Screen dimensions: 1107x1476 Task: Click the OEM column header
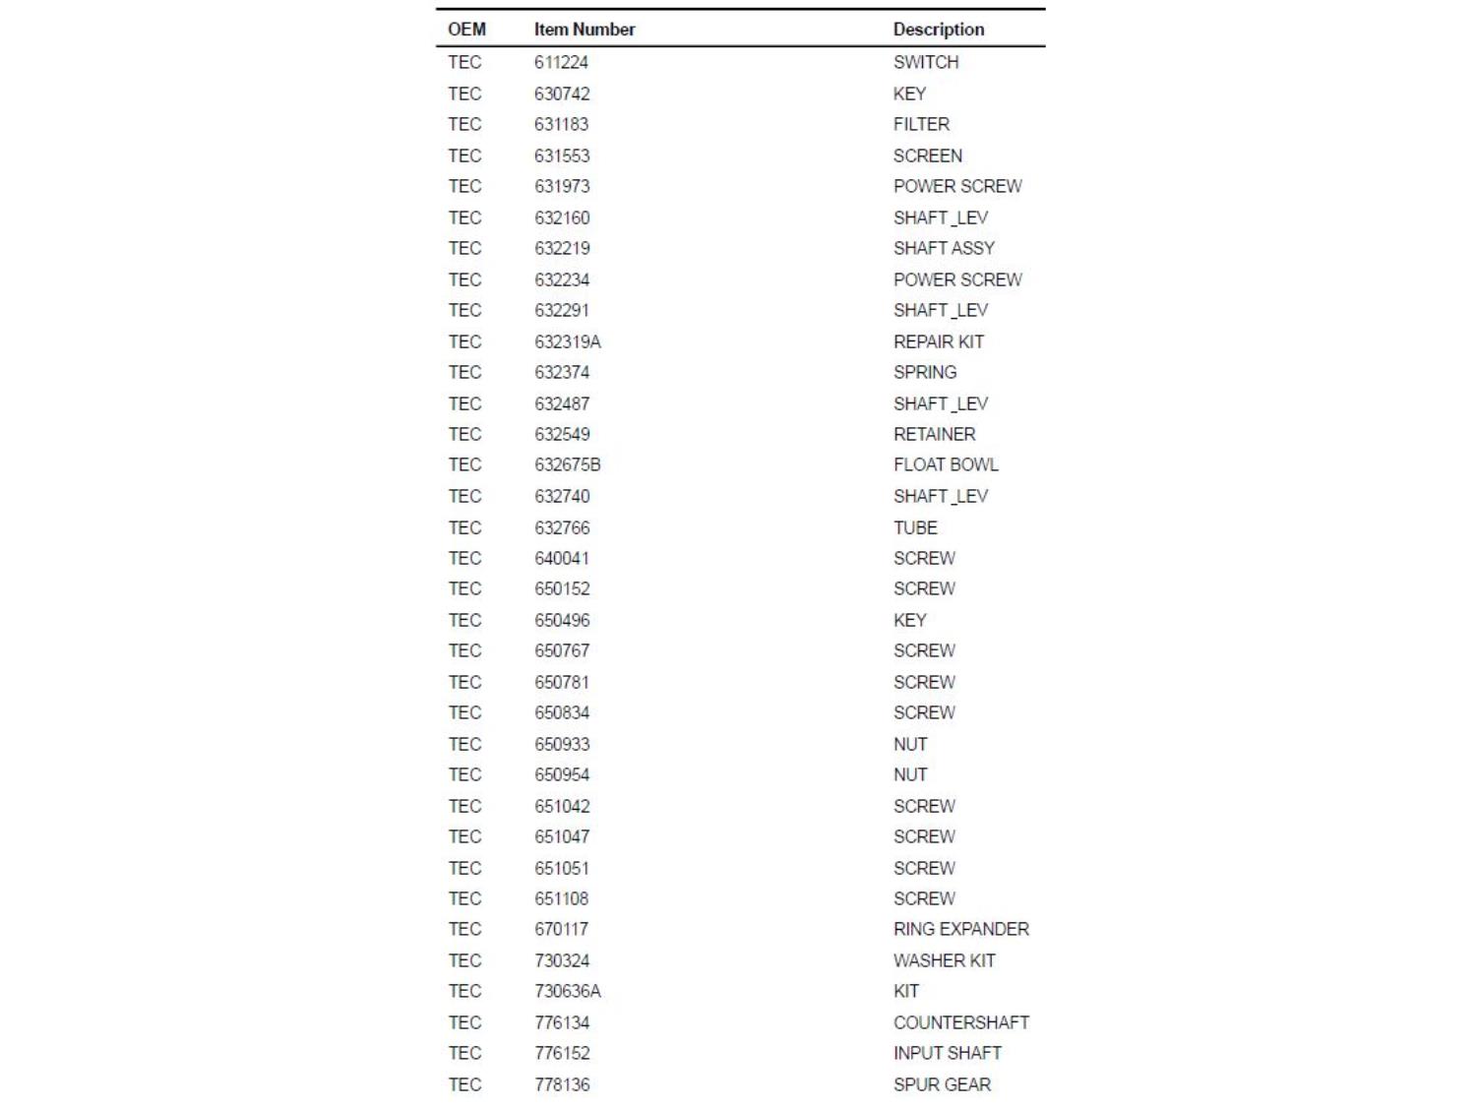pos(466,30)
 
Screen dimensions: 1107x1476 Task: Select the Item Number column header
pos(584,30)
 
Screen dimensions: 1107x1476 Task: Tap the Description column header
pos(938,30)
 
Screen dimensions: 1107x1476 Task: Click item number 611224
pos(561,62)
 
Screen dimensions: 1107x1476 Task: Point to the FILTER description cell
pos(921,124)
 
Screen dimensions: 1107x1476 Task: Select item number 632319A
pos(567,341)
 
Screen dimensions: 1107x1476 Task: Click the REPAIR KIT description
pos(938,341)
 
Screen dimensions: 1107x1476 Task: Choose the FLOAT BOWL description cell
pos(945,464)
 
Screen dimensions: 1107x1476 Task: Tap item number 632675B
pos(567,464)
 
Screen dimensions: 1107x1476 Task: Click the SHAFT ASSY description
pos(944,248)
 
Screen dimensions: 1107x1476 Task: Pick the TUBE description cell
pos(915,527)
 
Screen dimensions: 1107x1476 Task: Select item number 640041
pos(561,558)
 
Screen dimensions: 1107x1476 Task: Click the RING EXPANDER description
pos(960,929)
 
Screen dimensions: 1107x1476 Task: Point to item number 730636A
pos(567,991)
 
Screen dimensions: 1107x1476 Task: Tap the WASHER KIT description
pos(944,960)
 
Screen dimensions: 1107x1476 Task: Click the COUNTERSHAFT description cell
pos(960,1022)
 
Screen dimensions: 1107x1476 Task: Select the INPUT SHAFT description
pos(947,1053)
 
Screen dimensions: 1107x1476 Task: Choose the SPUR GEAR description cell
pos(942,1084)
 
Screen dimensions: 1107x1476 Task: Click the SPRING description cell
pos(924,372)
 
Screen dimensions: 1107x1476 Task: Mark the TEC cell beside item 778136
pos(464,1084)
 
